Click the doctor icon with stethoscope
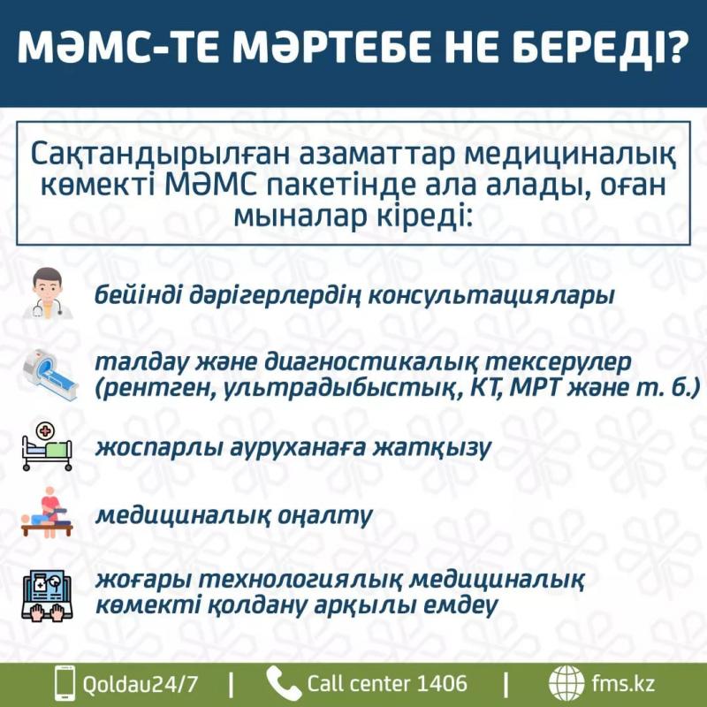pyautogui.click(x=48, y=293)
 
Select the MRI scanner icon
pyautogui.click(x=49, y=374)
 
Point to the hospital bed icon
pyautogui.click(x=47, y=445)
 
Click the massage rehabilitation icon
pyautogui.click(x=47, y=513)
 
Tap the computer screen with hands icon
pyautogui.click(x=47, y=594)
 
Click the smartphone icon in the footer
pyautogui.click(x=64, y=683)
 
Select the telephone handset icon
pyautogui.click(x=283, y=683)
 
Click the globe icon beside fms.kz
pyautogui.click(x=566, y=683)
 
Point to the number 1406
pyautogui.click(x=441, y=683)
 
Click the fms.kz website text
pyautogui.click(x=622, y=683)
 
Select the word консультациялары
pyautogui.click(x=491, y=296)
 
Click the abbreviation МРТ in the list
pyautogui.click(x=534, y=387)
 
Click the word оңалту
pyautogui.click(x=325, y=515)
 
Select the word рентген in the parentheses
pyautogui.click(x=150, y=389)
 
